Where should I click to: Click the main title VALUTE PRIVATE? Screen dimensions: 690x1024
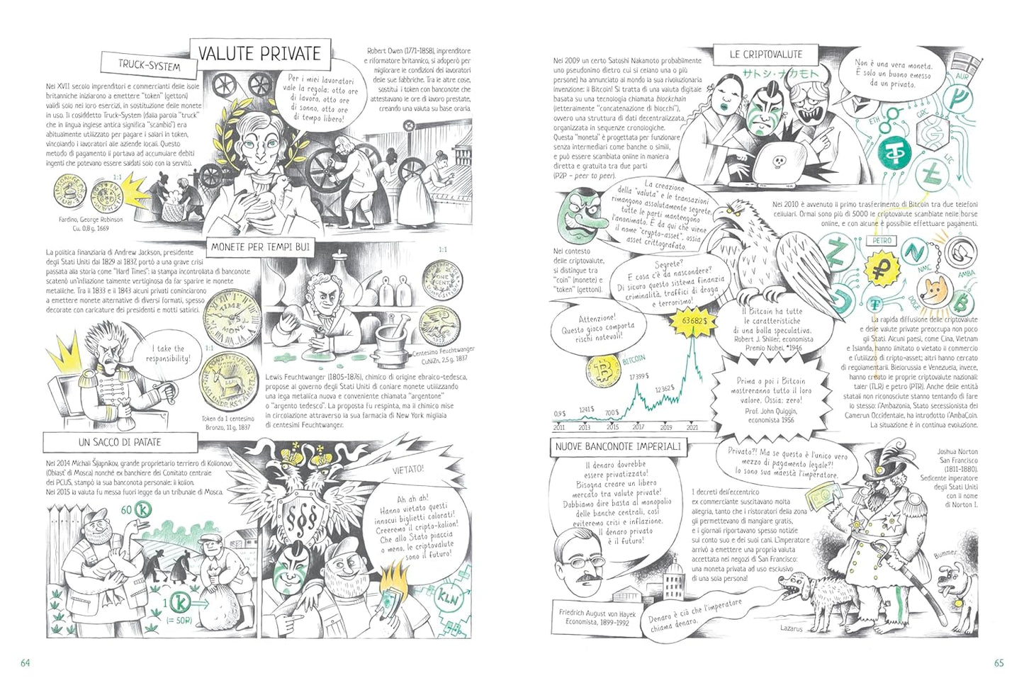coord(259,54)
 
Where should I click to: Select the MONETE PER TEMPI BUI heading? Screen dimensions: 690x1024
coord(260,247)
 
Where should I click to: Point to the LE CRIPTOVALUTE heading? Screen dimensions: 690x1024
coord(766,54)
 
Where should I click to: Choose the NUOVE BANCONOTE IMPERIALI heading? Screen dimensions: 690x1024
coord(617,446)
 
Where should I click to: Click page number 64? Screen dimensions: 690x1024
coord(25,663)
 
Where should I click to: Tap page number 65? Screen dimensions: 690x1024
coord(998,663)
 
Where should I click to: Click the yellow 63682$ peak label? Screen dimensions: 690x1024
coord(694,322)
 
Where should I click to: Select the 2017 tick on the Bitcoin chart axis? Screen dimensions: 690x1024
coord(638,427)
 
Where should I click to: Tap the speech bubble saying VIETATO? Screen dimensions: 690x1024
coord(410,469)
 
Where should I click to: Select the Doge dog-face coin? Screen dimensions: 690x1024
coord(935,289)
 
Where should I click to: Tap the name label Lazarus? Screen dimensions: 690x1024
coord(791,628)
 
